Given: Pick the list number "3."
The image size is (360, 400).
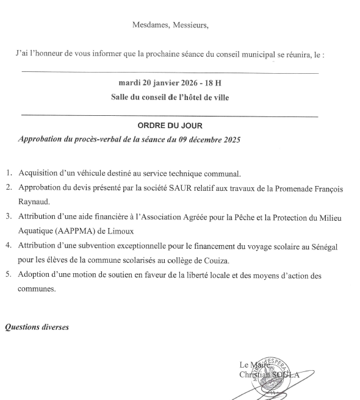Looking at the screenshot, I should pos(10,216).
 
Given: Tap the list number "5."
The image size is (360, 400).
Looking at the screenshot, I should pos(10,274).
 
